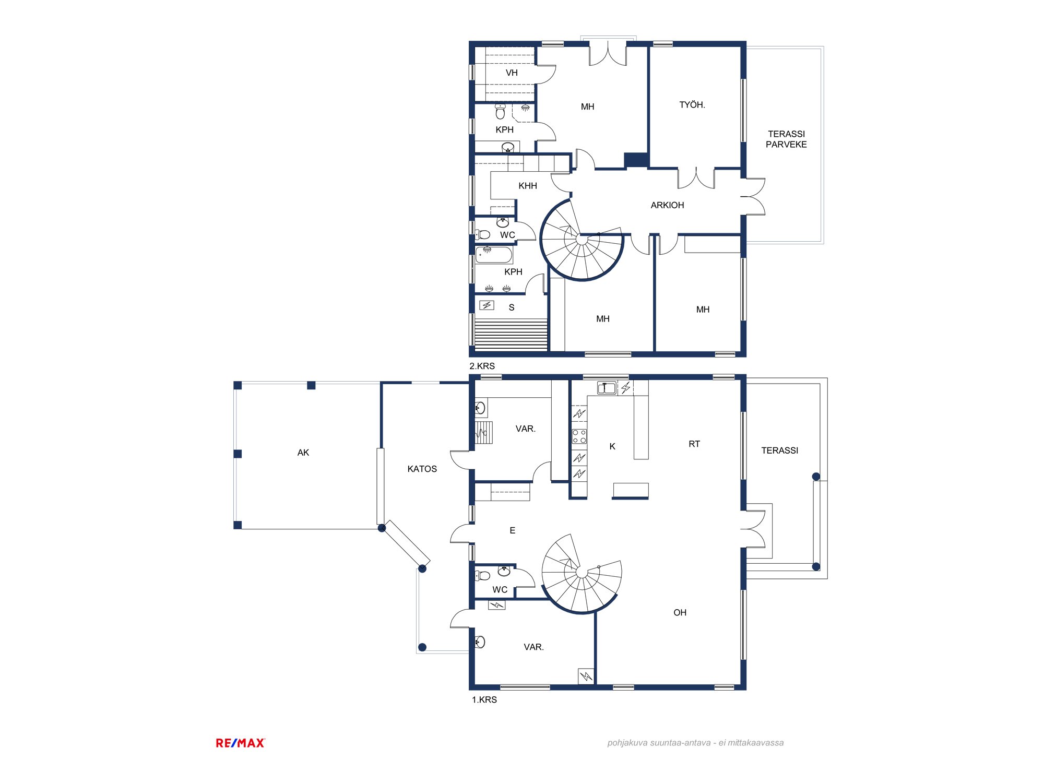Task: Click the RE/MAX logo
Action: [240, 743]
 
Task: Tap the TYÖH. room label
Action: [692, 105]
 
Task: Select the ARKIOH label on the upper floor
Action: [667, 205]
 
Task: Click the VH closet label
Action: [512, 73]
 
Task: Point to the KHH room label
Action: [528, 186]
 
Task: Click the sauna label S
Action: [512, 307]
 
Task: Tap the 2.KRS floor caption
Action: [482, 366]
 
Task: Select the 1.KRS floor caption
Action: [484, 699]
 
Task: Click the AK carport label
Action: [303, 453]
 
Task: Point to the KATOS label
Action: [422, 469]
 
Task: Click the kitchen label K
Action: [612, 446]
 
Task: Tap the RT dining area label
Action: [694, 444]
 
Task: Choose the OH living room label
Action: [680, 612]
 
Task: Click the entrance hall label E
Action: [513, 530]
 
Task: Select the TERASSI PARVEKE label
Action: [786, 139]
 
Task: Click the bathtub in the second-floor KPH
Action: [494, 255]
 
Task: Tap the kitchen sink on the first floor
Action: [607, 388]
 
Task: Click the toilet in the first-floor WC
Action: [483, 576]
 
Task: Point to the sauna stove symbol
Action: [487, 305]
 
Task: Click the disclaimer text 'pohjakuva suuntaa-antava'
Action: [659, 743]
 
